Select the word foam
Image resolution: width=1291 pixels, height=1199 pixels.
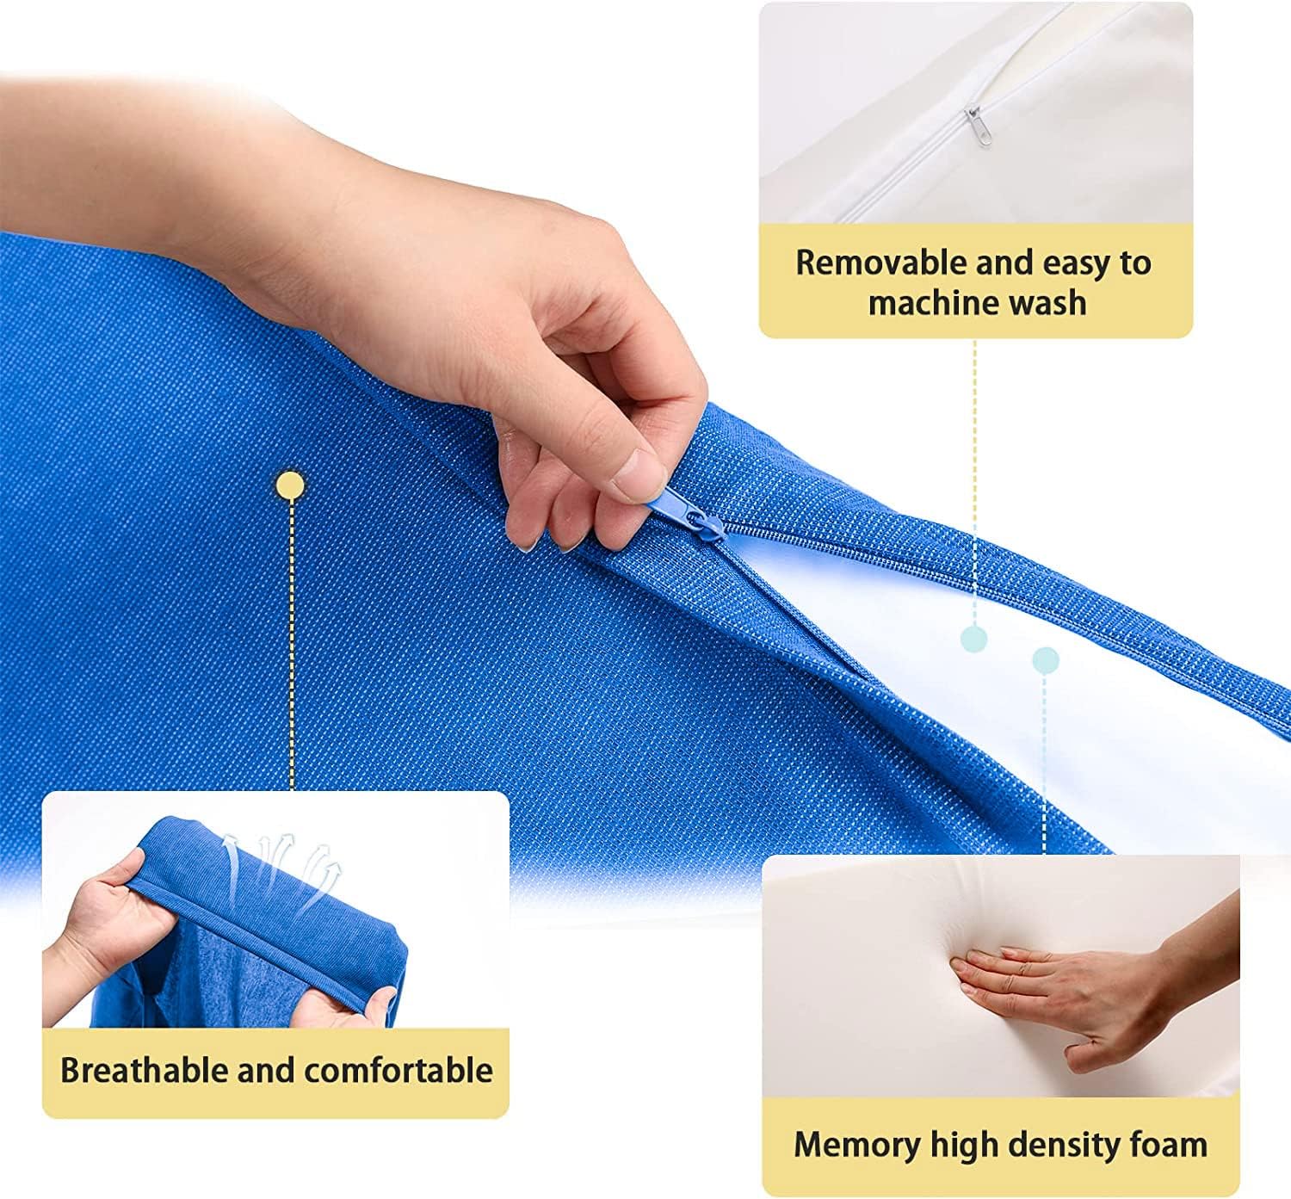[1172, 1145]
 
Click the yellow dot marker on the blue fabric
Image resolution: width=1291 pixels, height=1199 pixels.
[290, 486]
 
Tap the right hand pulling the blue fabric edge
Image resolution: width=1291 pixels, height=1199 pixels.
[344, 1007]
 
